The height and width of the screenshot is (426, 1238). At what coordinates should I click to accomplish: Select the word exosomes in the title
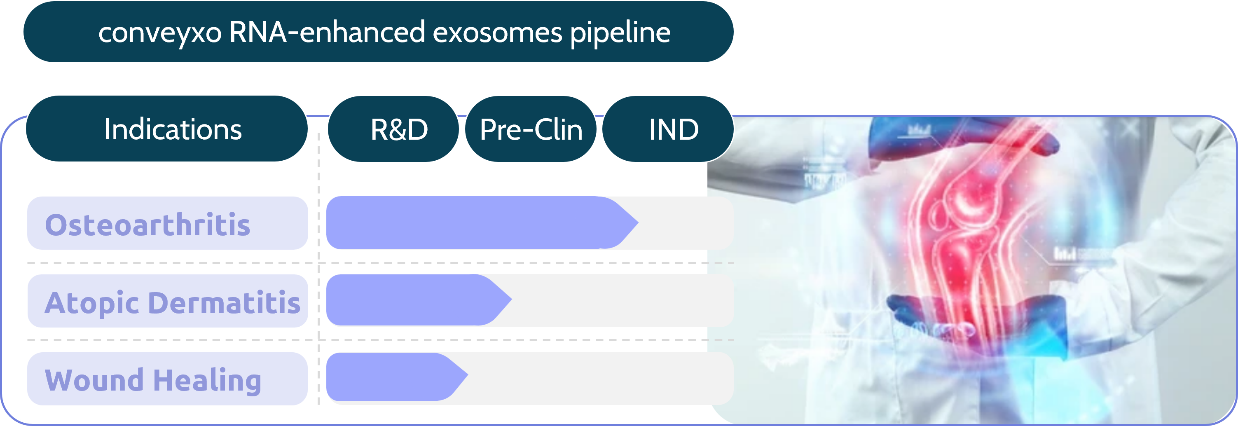point(497,32)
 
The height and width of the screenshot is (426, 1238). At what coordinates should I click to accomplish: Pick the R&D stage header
point(398,129)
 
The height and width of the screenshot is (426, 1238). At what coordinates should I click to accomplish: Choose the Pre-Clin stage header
point(531,129)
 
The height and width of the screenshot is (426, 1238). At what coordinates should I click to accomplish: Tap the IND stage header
point(673,129)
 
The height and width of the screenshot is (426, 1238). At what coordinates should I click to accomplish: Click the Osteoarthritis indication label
point(147,224)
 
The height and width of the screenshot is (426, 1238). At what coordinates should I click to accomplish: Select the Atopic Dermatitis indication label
point(172,302)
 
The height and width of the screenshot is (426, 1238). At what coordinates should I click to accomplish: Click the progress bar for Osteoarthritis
point(471,222)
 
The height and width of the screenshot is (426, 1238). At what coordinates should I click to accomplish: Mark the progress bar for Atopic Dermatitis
point(409,300)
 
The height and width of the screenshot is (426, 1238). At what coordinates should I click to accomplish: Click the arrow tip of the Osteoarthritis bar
point(632,222)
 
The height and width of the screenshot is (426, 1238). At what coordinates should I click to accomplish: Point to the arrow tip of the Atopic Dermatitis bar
point(507,300)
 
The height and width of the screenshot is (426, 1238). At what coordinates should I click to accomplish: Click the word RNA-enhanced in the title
point(327,32)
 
